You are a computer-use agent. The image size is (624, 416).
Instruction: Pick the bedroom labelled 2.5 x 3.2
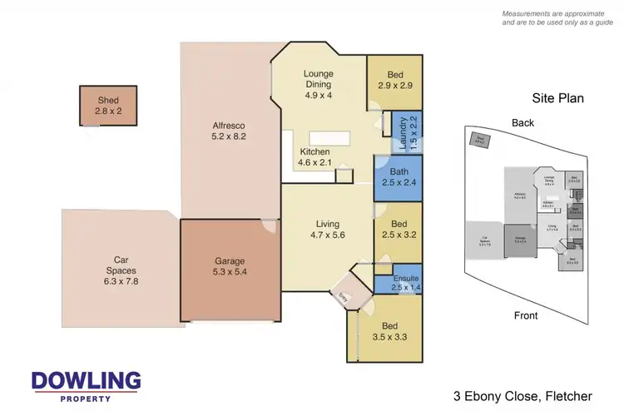397,230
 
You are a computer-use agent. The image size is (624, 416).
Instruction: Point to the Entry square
343,296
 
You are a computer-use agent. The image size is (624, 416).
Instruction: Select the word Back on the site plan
523,122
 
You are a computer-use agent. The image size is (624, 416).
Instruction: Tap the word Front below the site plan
525,315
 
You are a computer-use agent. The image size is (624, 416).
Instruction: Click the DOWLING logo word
86,381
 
